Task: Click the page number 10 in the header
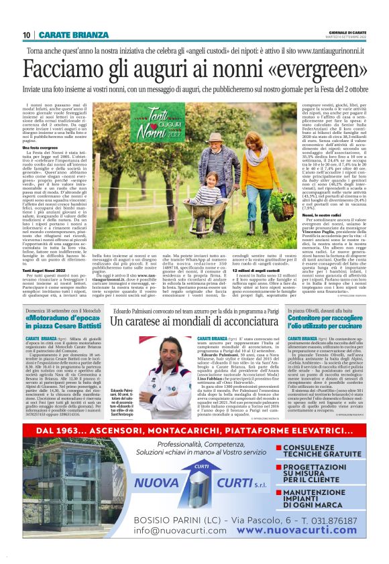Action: tap(27, 35)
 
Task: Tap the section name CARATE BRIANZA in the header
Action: tap(73, 35)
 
